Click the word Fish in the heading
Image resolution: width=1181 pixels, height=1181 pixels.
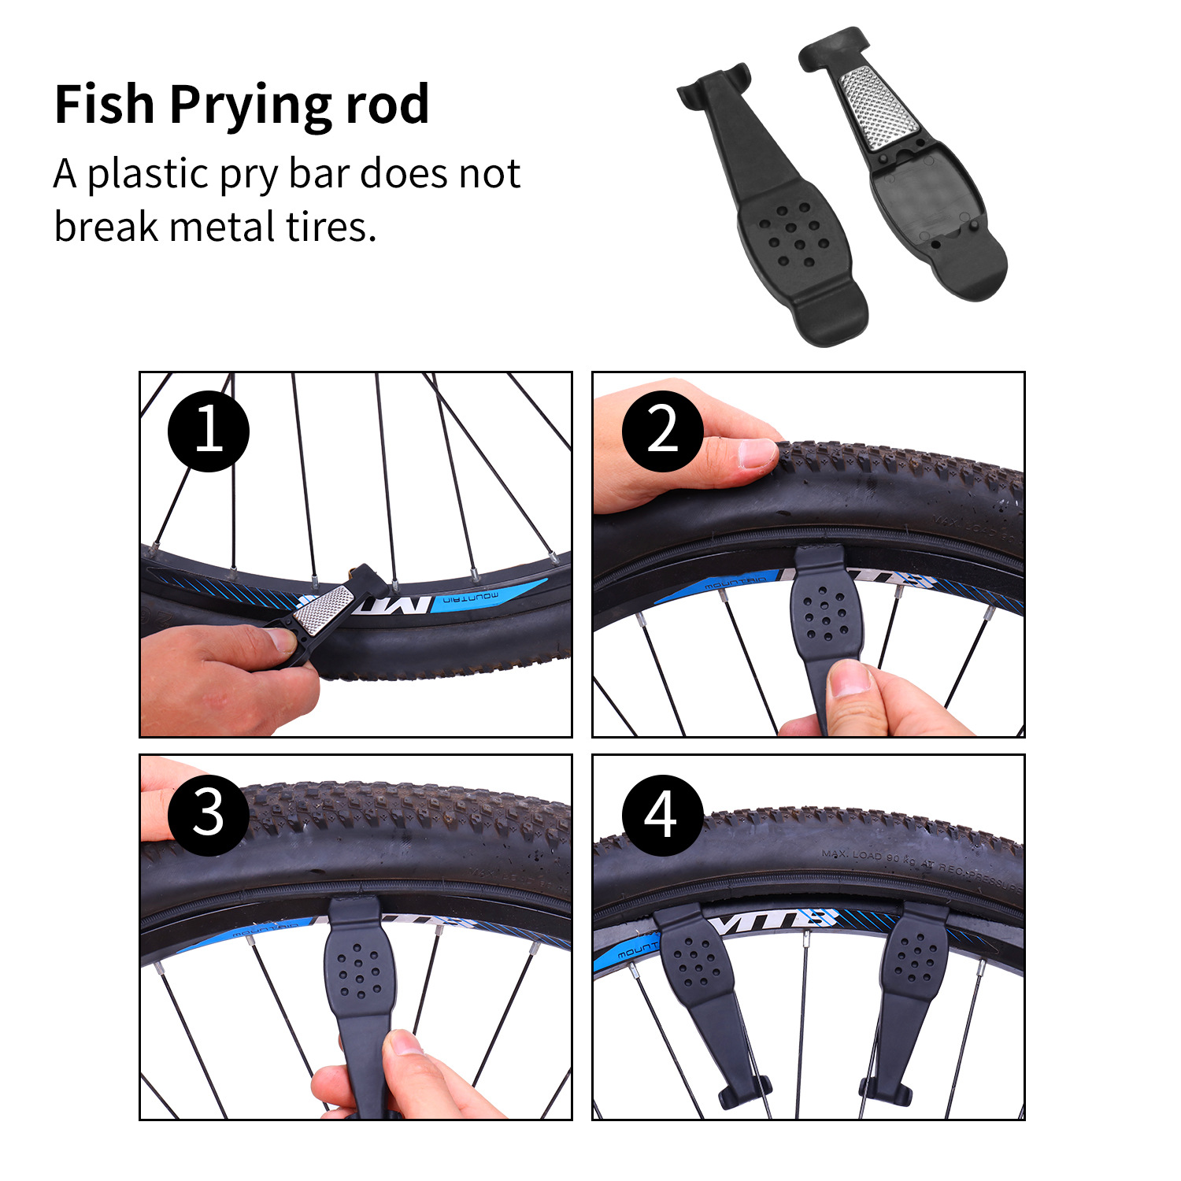click(104, 104)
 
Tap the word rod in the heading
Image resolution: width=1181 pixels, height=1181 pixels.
click(387, 104)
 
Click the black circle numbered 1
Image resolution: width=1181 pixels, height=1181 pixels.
click(209, 431)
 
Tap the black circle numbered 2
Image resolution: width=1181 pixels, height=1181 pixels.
click(662, 431)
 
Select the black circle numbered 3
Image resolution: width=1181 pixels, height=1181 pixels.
click(209, 814)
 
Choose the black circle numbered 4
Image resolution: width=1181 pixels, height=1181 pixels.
click(662, 814)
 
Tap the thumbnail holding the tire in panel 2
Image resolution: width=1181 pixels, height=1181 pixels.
click(757, 454)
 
